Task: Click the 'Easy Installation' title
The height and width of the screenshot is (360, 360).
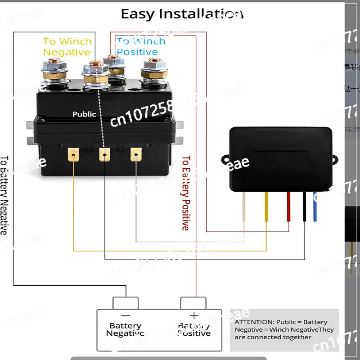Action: pyautogui.click(x=182, y=14)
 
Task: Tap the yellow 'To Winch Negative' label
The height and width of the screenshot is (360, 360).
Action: pyautogui.click(x=67, y=47)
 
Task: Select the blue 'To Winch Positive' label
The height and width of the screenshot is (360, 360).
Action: pyautogui.click(x=140, y=46)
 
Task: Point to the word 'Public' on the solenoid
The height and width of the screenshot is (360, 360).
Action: pyautogui.click(x=84, y=114)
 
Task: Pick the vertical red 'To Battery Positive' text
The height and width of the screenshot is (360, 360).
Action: pyautogui.click(x=185, y=193)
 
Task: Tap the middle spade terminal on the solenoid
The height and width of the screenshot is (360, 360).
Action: pyautogui.click(x=104, y=155)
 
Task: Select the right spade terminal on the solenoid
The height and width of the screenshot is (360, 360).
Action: pyautogui.click(x=135, y=155)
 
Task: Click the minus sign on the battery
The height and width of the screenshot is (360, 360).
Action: pyautogui.click(x=126, y=315)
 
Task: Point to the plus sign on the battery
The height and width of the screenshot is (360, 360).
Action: pyautogui.click(x=194, y=315)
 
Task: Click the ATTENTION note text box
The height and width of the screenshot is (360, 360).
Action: pyautogui.click(x=284, y=330)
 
